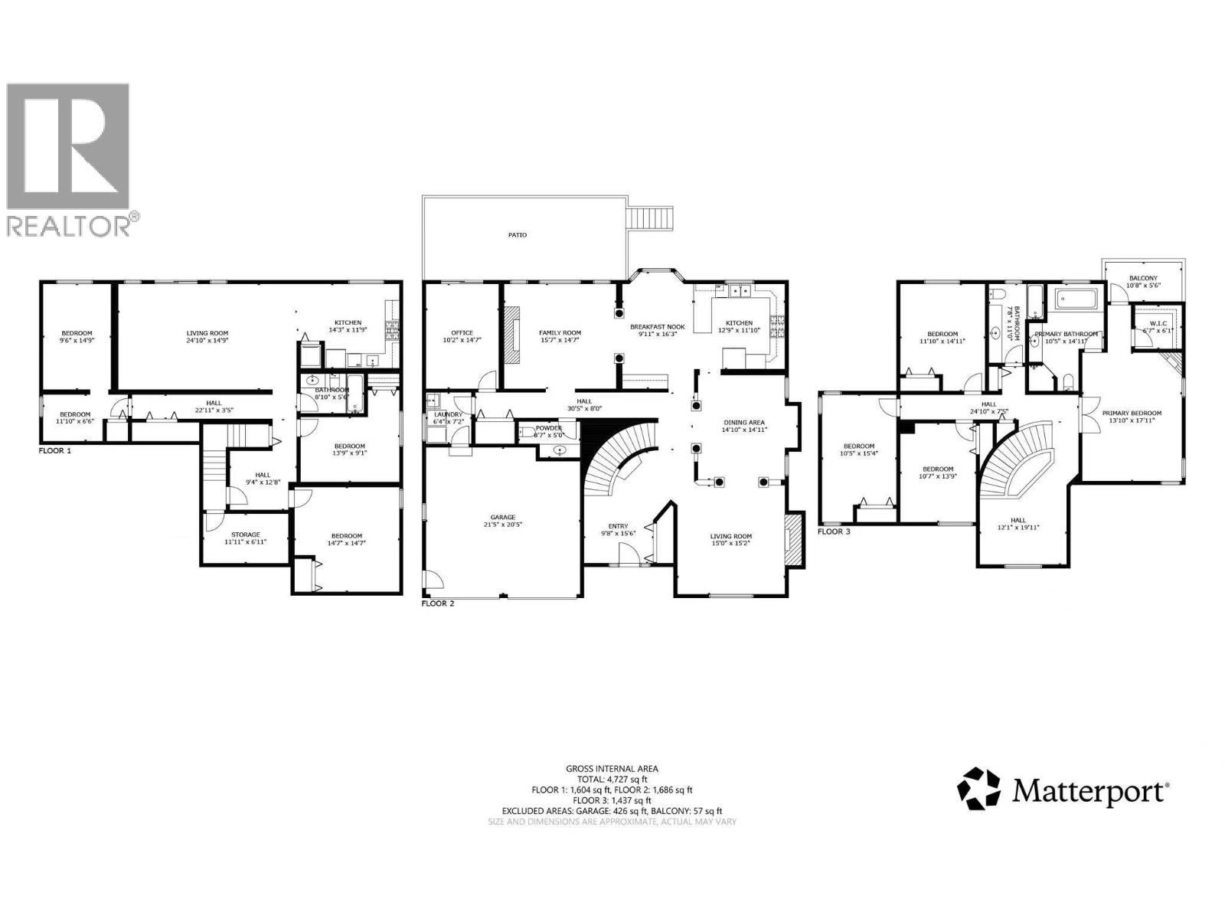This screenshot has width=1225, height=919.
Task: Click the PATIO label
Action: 518,235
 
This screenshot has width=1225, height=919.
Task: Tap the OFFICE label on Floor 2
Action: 462,333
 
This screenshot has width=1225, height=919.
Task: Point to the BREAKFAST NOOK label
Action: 657,327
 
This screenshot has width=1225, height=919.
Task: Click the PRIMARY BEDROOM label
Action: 1132,414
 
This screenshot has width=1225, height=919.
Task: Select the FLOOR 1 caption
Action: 54,451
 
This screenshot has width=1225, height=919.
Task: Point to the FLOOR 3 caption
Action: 834,531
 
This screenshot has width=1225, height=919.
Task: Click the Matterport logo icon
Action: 979,789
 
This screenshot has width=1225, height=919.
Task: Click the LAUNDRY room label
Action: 448,414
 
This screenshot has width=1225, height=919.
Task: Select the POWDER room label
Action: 548,428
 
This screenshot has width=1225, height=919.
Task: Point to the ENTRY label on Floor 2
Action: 618,526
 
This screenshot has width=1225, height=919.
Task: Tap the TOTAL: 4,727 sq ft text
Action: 612,779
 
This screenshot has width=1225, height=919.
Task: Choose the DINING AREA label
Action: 743,423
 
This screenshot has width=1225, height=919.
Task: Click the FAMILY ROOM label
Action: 560,333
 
